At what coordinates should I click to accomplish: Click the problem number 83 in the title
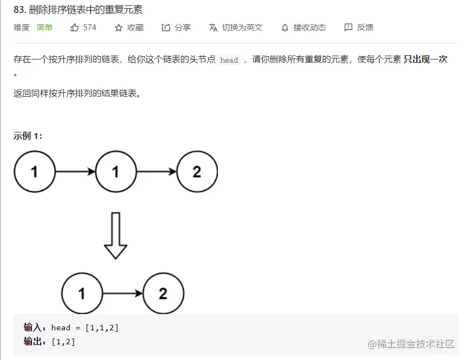[x=19, y=10]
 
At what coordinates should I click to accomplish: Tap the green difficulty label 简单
[x=44, y=28]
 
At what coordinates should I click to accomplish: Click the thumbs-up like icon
[x=75, y=28]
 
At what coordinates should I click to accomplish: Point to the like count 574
[x=90, y=28]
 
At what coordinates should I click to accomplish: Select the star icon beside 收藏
[x=118, y=28]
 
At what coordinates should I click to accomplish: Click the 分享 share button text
[x=183, y=28]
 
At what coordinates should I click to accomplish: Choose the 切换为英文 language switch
[x=242, y=28]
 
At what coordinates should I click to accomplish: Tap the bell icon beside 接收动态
[x=285, y=28]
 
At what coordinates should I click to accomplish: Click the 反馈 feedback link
[x=365, y=28]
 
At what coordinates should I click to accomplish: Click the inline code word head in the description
[x=229, y=60]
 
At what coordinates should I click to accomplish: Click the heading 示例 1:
[x=28, y=136]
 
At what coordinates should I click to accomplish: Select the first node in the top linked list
[x=35, y=172]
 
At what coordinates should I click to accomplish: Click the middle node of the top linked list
[x=116, y=172]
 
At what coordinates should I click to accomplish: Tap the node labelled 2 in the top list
[x=197, y=172]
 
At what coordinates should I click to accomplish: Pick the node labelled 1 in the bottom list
[x=82, y=294]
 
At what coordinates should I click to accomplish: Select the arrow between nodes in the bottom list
[x=123, y=294]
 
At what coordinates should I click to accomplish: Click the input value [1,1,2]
[x=102, y=328]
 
